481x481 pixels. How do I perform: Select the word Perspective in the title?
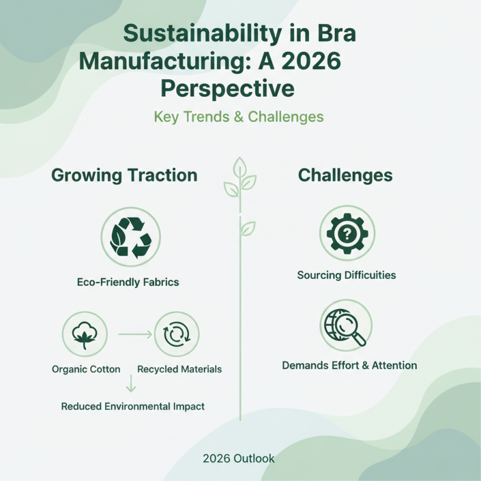(227, 88)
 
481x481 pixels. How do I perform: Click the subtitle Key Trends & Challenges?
(239, 116)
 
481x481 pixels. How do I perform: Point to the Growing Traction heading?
(124, 176)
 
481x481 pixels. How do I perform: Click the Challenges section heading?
(345, 176)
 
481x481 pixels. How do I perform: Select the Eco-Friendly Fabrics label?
(128, 281)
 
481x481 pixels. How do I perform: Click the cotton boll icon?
(85, 334)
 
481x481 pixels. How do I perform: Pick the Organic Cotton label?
(86, 369)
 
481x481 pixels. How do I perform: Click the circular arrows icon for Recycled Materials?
(176, 334)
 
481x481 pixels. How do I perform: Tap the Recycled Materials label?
(179, 369)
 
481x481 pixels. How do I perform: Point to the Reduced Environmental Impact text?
(133, 406)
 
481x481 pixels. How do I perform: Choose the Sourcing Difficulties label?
(346, 275)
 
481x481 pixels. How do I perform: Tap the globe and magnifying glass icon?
(346, 326)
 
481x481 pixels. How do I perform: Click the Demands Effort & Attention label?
(349, 365)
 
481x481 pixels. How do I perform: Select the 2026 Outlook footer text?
(239, 459)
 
